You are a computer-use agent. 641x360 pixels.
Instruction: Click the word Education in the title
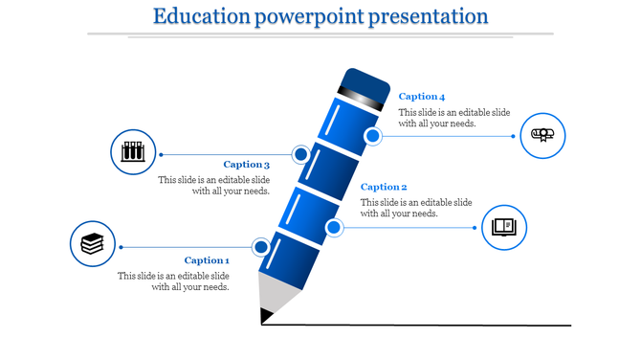point(196,16)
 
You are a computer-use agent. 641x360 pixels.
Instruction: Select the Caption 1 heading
point(207,260)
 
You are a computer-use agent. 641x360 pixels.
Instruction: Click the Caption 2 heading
point(384,187)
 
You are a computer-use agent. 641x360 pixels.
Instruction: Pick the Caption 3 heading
point(247,165)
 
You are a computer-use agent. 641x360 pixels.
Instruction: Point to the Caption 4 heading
point(422,97)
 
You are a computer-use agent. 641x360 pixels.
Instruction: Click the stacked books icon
point(92,244)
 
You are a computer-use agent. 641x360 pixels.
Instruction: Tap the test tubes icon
point(133,151)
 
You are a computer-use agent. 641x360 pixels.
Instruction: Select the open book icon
point(503,227)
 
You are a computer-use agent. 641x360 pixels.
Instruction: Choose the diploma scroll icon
point(542,134)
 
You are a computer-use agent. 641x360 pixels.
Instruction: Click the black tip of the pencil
point(264,314)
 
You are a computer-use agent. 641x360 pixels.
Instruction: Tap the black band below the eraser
point(361,97)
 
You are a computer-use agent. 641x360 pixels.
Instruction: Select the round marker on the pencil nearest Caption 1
point(261,247)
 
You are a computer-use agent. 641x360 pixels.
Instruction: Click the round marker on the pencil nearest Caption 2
point(334,227)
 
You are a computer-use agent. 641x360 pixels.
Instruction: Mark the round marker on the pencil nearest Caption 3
point(300,153)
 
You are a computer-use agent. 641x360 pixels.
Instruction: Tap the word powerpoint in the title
point(311,16)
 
